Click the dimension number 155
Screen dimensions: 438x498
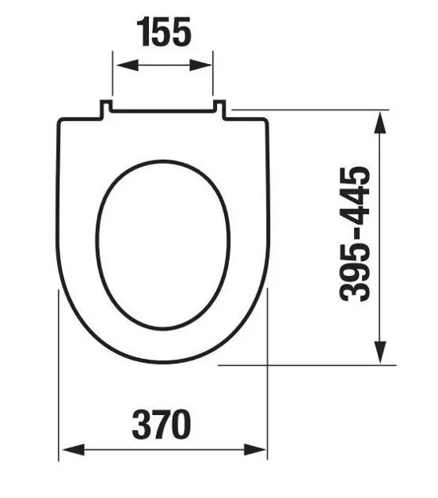click(x=164, y=32)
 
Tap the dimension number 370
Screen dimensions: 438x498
click(x=162, y=424)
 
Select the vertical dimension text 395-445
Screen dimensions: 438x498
click(x=355, y=234)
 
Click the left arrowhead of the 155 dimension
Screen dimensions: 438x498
click(x=128, y=65)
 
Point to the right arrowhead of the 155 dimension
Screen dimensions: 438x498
click(x=200, y=65)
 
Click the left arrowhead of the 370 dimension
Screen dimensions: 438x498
click(x=74, y=450)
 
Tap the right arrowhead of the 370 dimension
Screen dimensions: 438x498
click(x=255, y=450)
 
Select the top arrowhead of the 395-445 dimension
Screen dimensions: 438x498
click(x=380, y=123)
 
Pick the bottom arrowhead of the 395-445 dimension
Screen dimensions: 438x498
click(x=380, y=352)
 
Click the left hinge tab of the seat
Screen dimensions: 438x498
click(x=106, y=109)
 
